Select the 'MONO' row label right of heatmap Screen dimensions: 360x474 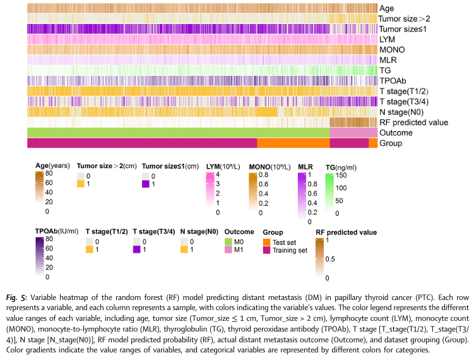pyautogui.click(x=393, y=50)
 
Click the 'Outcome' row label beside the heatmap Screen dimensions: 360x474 pyautogui.click(x=396, y=133)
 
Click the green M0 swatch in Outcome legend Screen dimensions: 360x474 pyautogui.click(x=230, y=243)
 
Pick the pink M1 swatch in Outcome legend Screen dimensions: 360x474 pyautogui.click(x=230, y=251)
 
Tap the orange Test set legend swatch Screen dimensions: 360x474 pyautogui.click(x=267, y=243)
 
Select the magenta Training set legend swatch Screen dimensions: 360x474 pyautogui.click(x=267, y=251)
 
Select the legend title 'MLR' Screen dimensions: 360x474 pyautogui.click(x=304, y=167)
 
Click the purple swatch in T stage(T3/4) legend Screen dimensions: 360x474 pyautogui.click(x=136, y=251)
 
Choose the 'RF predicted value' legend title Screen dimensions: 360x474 pyautogui.click(x=346, y=232)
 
